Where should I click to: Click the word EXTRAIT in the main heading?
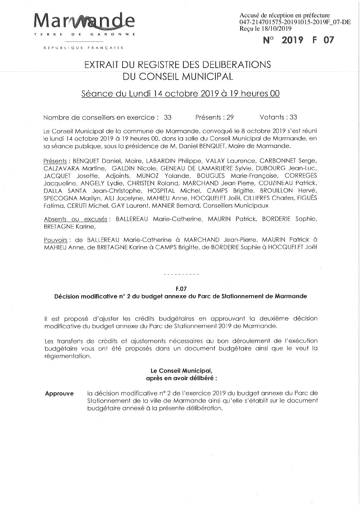click(104, 65)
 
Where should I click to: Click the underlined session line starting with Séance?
click(180, 93)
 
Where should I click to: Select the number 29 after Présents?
click(230, 117)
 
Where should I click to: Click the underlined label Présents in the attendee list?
click(55, 161)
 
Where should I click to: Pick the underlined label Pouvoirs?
click(55, 240)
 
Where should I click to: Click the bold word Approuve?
click(59, 394)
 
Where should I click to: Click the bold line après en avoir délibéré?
click(181, 377)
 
